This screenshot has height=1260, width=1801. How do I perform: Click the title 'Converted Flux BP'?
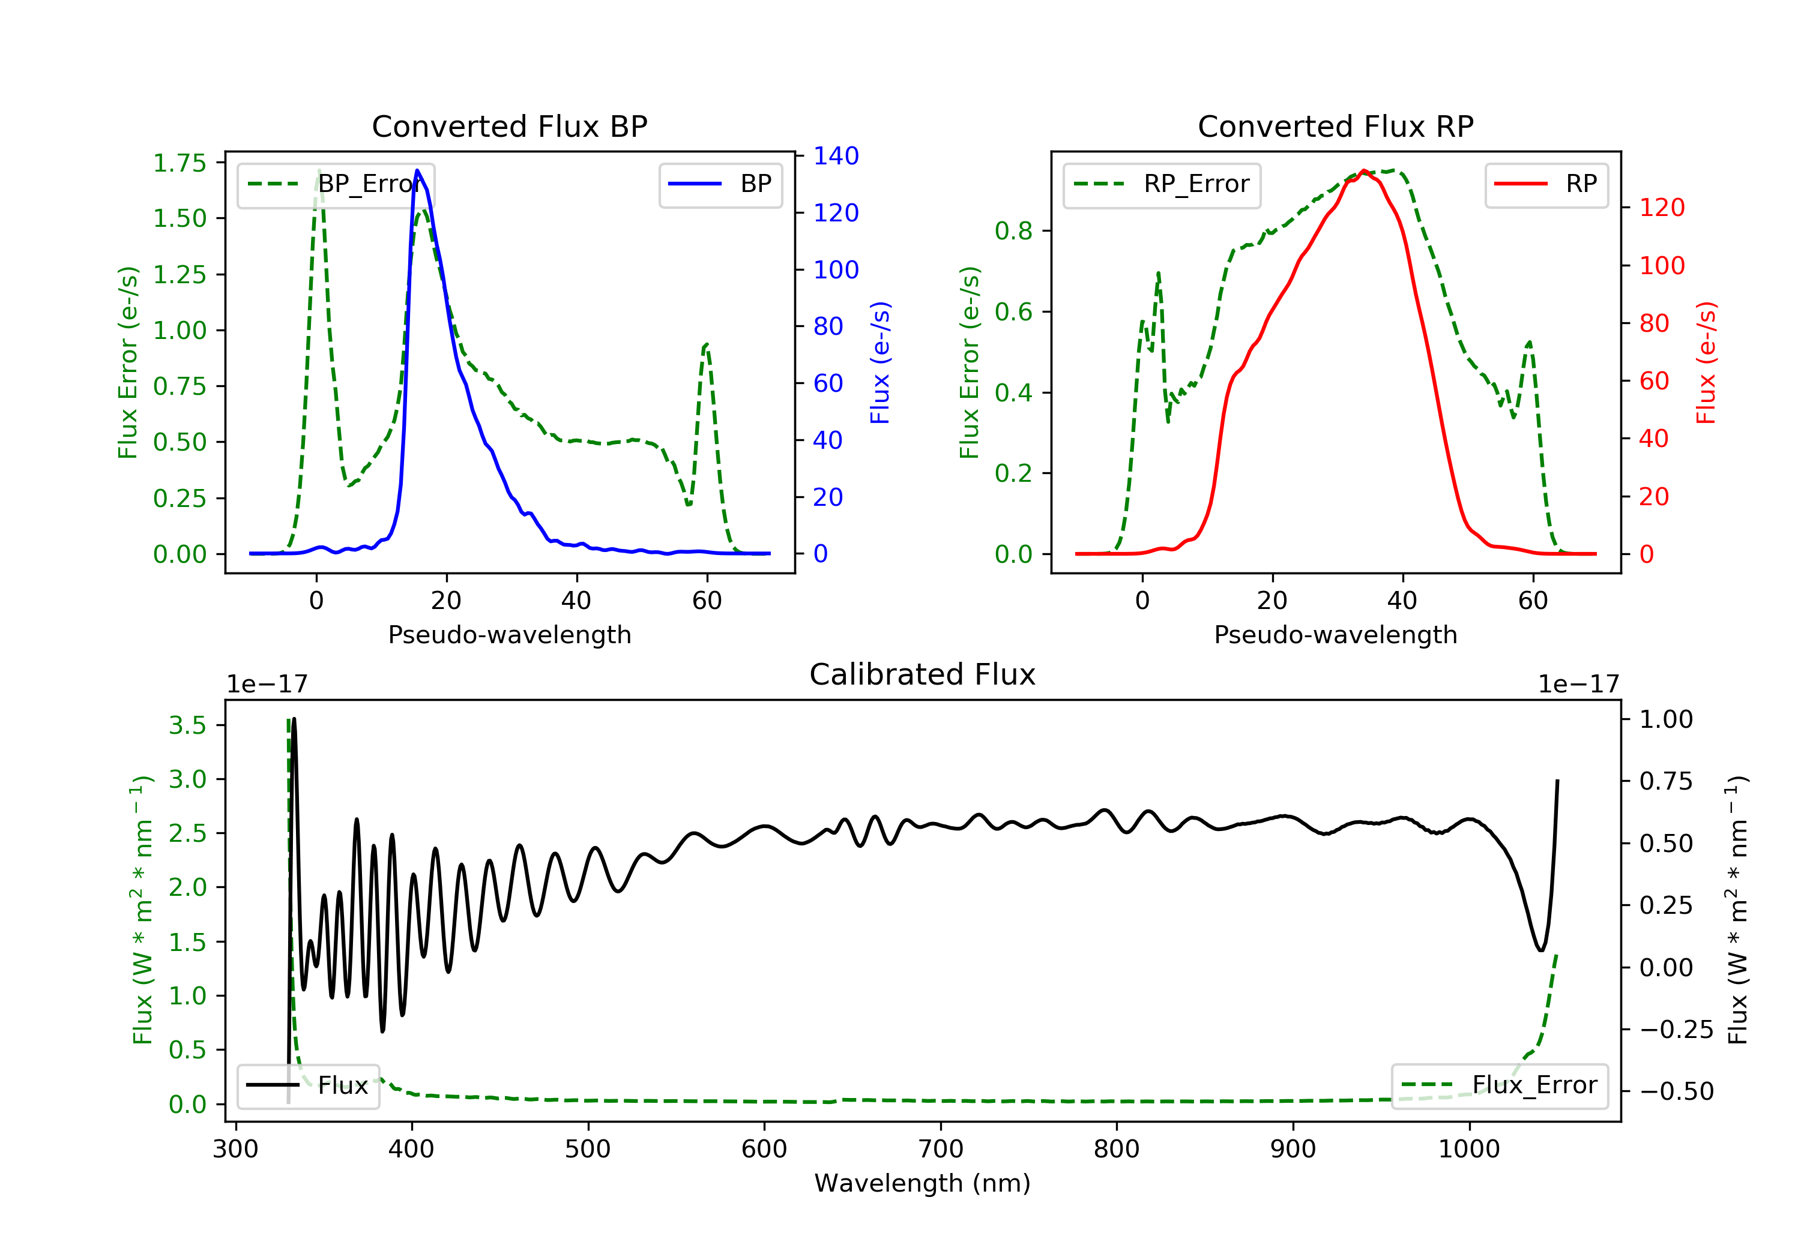[510, 126]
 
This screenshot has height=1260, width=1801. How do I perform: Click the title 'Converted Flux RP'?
[1336, 126]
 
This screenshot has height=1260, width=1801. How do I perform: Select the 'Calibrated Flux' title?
[923, 674]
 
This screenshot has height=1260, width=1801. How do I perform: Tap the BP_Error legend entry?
[335, 185]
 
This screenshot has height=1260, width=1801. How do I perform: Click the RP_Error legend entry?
[1162, 185]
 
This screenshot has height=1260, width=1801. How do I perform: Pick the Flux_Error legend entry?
[1499, 1085]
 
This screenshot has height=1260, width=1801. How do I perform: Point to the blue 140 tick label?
[836, 156]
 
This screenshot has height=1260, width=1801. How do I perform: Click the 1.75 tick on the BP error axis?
[179, 163]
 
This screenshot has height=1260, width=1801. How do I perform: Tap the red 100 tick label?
[1662, 266]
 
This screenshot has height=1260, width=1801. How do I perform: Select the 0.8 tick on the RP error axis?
[1013, 232]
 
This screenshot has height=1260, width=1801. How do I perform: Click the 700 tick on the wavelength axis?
[941, 1150]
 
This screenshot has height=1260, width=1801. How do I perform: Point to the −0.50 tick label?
[1677, 1091]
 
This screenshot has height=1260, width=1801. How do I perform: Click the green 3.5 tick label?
[187, 725]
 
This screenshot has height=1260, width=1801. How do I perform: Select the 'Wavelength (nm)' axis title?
[923, 1183]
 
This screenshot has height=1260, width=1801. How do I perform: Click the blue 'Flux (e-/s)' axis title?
[880, 363]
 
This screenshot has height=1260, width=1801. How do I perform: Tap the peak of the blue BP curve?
[417, 170]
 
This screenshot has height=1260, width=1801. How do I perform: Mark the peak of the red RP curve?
[1364, 170]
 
